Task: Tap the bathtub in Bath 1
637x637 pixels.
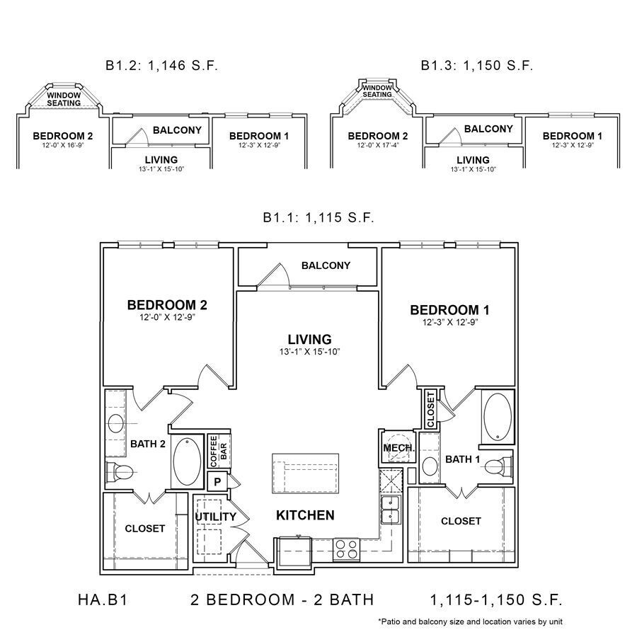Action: [x=498, y=416]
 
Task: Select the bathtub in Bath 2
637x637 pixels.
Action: [x=187, y=461]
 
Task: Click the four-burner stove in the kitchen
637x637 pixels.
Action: [x=347, y=550]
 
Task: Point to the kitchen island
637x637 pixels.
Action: [x=306, y=474]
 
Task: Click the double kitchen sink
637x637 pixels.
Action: [x=391, y=510]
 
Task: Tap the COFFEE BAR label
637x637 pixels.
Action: [x=219, y=452]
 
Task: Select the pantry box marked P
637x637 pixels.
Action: [x=217, y=482]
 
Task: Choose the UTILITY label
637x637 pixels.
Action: [x=215, y=517]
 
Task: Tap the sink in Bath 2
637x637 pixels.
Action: [x=116, y=424]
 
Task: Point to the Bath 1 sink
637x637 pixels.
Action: [x=430, y=466]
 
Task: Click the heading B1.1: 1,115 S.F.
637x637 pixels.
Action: [x=318, y=217]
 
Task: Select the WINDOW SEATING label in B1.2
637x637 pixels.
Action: [x=64, y=99]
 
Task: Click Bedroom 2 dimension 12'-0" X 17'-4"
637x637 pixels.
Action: [x=378, y=145]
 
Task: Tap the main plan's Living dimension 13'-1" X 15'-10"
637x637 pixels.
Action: [x=309, y=351]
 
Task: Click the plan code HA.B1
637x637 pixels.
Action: [x=103, y=599]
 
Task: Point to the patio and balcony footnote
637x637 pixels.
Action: [x=470, y=621]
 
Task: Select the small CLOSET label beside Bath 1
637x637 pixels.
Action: [x=430, y=410]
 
